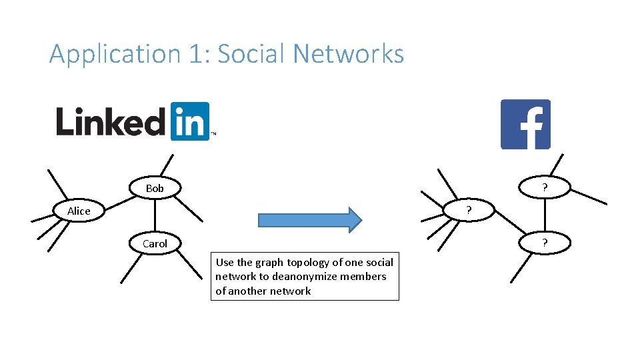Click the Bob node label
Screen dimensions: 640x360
tap(155, 189)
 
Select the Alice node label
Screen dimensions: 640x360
tap(79, 211)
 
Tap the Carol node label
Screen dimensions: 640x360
tap(155, 244)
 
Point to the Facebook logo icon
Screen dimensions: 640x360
tap(525, 124)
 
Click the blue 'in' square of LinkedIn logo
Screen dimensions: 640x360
tap(190, 121)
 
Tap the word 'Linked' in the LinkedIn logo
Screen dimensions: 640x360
tap(110, 122)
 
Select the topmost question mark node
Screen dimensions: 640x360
tap(545, 189)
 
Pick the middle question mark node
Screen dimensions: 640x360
tap(469, 211)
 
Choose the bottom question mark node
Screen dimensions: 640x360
tap(545, 244)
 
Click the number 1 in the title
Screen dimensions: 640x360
tap(196, 53)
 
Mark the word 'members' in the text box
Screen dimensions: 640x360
tap(366, 277)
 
